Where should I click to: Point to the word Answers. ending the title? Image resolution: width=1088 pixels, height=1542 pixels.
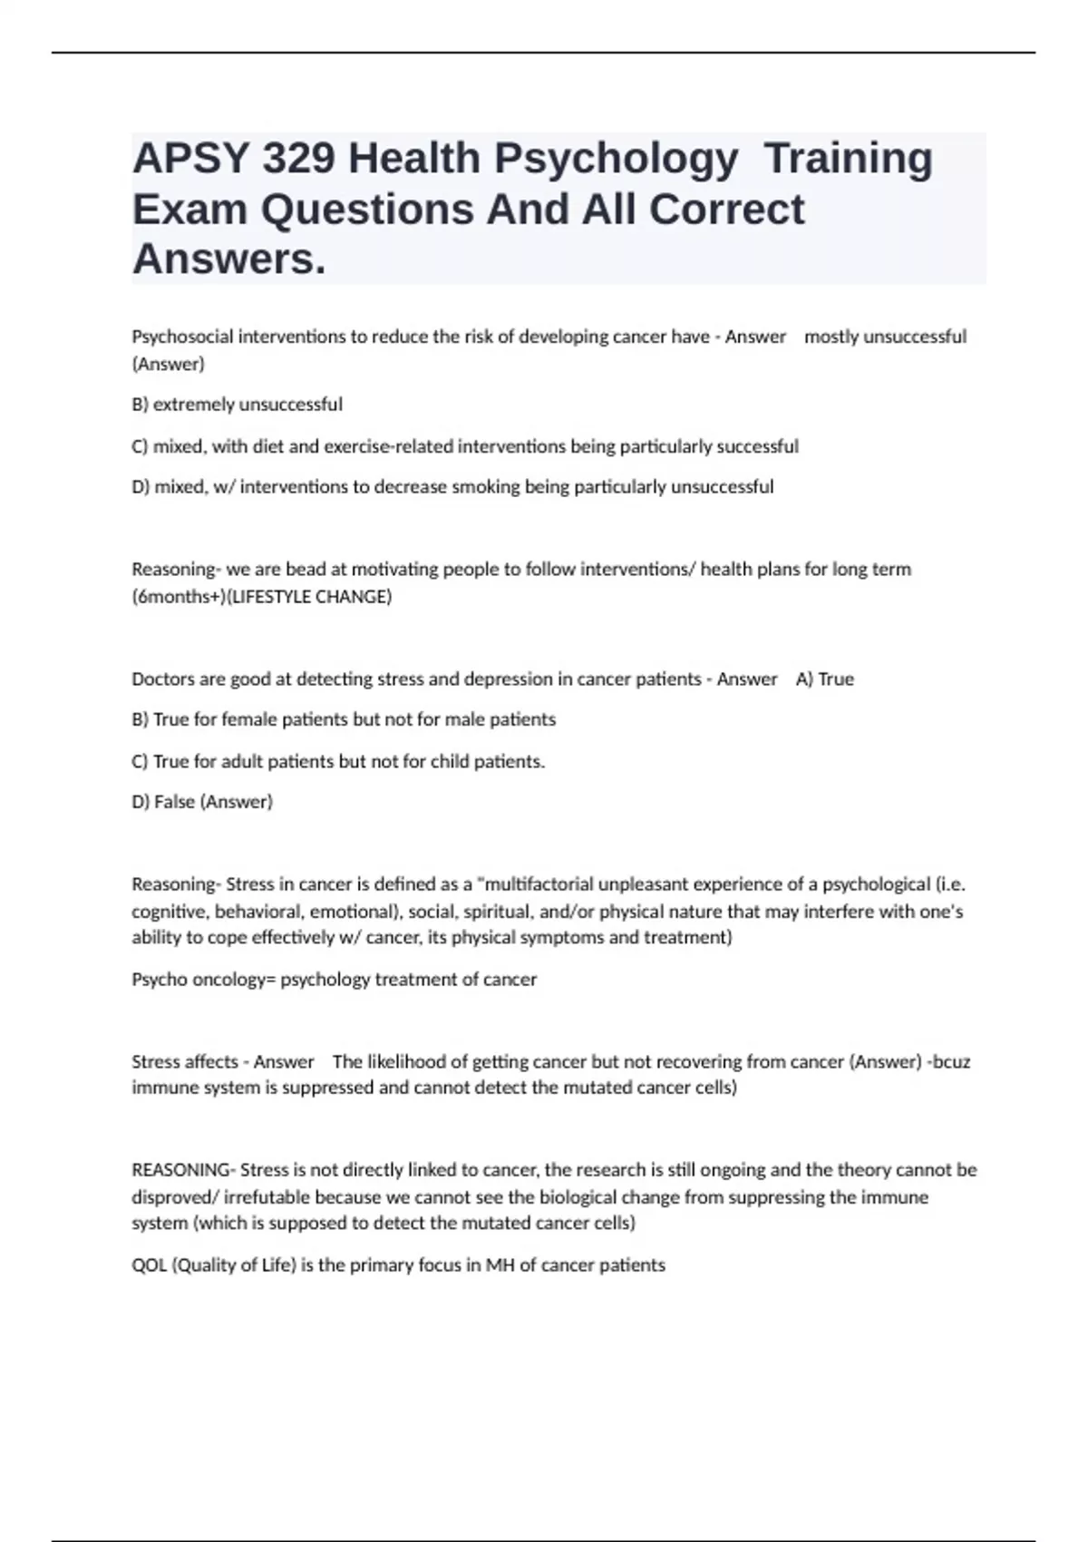(228, 259)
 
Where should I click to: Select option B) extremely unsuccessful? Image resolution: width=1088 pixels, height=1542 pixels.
(237, 405)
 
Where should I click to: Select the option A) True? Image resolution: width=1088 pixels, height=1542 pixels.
(824, 679)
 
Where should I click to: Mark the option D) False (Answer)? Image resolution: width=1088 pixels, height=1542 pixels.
(202, 802)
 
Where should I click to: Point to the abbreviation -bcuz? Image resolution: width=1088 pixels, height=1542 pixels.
(948, 1061)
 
